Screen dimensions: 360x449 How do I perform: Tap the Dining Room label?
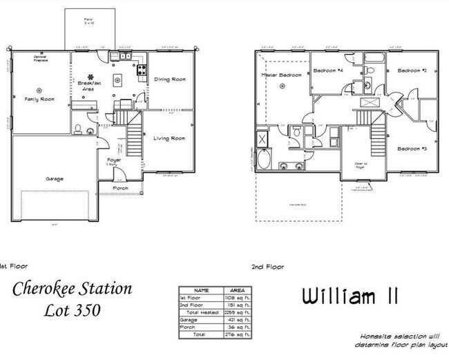click(x=169, y=79)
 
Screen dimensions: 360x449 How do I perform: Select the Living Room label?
click(x=169, y=138)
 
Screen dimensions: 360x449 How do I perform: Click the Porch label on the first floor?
click(x=120, y=187)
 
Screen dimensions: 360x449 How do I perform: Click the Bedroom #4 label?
click(x=328, y=70)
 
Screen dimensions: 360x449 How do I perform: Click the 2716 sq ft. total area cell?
click(x=233, y=334)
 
